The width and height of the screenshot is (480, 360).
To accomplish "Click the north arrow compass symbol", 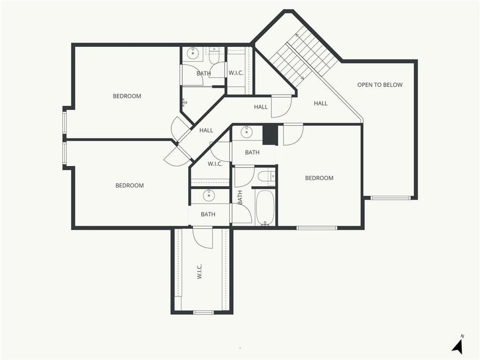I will coord(458,345).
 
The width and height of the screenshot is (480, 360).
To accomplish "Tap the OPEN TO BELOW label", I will coord(380,85).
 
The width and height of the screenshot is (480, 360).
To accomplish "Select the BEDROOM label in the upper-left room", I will coord(127,96).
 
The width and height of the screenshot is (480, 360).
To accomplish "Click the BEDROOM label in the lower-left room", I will coord(130,186).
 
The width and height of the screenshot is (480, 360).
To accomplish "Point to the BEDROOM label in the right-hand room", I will coord(319,178).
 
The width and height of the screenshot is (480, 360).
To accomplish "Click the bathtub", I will coord(265,207).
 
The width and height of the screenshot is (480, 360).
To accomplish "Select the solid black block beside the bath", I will coord(270,134).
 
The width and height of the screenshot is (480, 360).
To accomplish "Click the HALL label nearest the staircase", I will coord(321,103).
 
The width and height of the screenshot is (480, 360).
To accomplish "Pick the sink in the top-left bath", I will coord(193,53).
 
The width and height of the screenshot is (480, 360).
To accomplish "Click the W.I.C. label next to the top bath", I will coord(236,73).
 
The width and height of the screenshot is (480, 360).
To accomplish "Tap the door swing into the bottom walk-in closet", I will coord(203,237).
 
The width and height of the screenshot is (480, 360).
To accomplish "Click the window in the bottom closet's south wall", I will coord(203,312).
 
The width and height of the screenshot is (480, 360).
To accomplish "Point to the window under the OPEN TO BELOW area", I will coord(390,198).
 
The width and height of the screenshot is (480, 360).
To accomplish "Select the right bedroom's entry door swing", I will coord(293,134).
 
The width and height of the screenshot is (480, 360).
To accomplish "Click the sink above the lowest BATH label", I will coord(209,195).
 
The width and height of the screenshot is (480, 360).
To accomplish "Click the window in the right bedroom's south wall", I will coord(317,228).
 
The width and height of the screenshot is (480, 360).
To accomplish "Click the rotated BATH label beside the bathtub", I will coord(240,197).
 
